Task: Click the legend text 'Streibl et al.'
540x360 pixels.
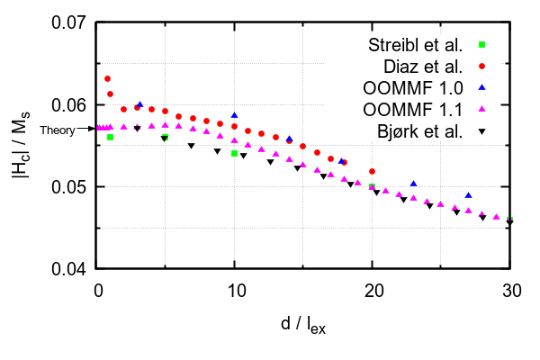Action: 416,45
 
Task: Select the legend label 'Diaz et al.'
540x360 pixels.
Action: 424,67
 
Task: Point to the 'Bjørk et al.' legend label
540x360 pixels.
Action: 421,131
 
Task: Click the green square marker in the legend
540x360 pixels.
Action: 481,45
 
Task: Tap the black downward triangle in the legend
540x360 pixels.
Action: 481,132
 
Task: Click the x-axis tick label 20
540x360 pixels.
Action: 372,290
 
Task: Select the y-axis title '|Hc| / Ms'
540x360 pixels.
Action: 22,146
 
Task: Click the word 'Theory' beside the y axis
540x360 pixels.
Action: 57,129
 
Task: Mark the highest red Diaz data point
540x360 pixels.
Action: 108,79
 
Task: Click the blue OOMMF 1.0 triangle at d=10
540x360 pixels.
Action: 235,115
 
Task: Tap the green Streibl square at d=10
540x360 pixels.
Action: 235,154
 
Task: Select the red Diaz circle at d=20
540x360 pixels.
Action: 372,171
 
